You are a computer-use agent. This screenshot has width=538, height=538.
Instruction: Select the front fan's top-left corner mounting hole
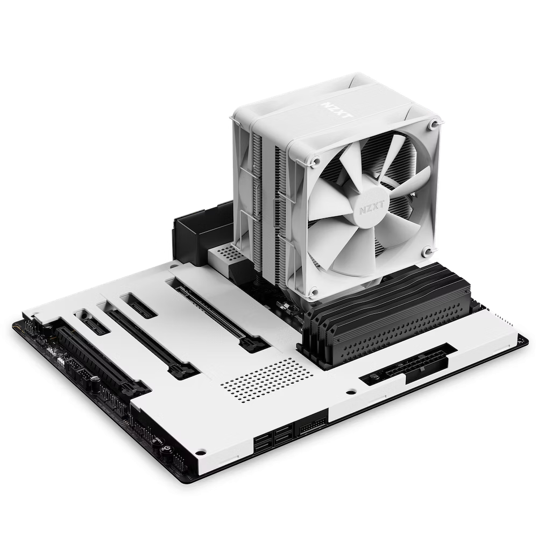[x=316, y=160]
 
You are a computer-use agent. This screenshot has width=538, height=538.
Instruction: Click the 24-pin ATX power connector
[x=409, y=365]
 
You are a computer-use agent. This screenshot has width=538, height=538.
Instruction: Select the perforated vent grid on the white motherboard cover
[x=267, y=380]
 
